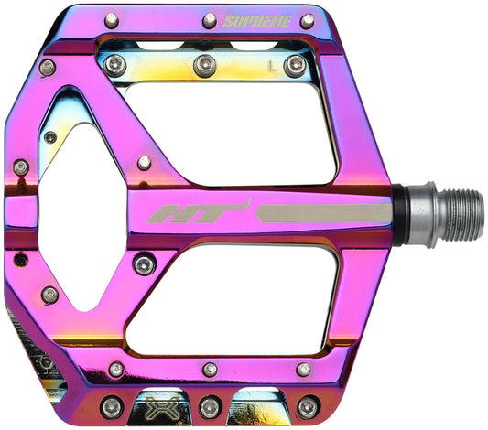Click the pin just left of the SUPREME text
click(209, 19)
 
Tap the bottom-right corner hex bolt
click(309, 405)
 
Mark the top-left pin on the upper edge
click(112, 19)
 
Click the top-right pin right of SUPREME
click(307, 20)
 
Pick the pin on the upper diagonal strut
click(144, 164)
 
